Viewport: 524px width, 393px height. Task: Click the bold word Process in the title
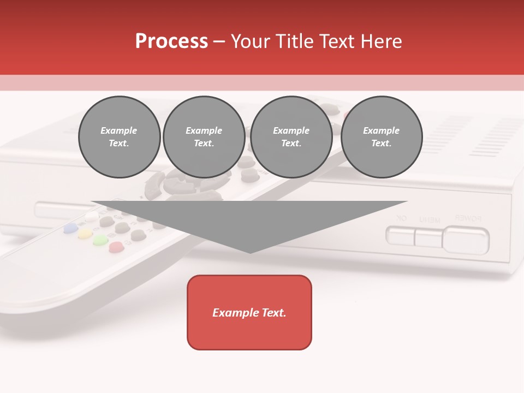171,41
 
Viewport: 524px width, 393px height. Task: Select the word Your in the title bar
251,41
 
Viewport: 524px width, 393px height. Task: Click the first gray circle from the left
119,137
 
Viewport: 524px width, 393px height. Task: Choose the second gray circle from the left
204,137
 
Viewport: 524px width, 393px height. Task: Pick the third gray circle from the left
291,137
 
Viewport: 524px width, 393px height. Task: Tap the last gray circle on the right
381,137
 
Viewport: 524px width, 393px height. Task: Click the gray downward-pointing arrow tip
250,248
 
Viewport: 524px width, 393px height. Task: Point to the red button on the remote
116,247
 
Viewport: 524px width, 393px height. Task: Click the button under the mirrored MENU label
428,237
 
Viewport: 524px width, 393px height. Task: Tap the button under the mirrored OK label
400,236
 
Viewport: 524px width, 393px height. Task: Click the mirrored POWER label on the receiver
468,218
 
